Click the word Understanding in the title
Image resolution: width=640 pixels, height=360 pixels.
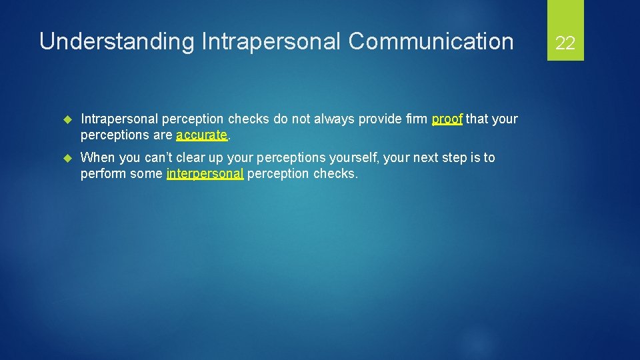pyautogui.click(x=117, y=41)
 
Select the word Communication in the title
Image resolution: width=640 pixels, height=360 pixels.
pyautogui.click(x=431, y=41)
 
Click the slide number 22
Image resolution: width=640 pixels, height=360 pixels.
pyautogui.click(x=565, y=43)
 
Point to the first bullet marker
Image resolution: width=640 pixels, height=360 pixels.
pyautogui.click(x=66, y=119)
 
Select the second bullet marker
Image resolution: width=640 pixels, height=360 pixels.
pyautogui.click(x=66, y=158)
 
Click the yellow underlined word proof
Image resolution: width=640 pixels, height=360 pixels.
pyautogui.click(x=447, y=119)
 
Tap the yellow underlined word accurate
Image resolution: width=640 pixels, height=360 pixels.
pyautogui.click(x=202, y=135)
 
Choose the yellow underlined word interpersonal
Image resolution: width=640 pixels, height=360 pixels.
pyautogui.click(x=205, y=173)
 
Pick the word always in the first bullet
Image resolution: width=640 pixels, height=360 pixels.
pyautogui.click(x=333, y=119)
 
